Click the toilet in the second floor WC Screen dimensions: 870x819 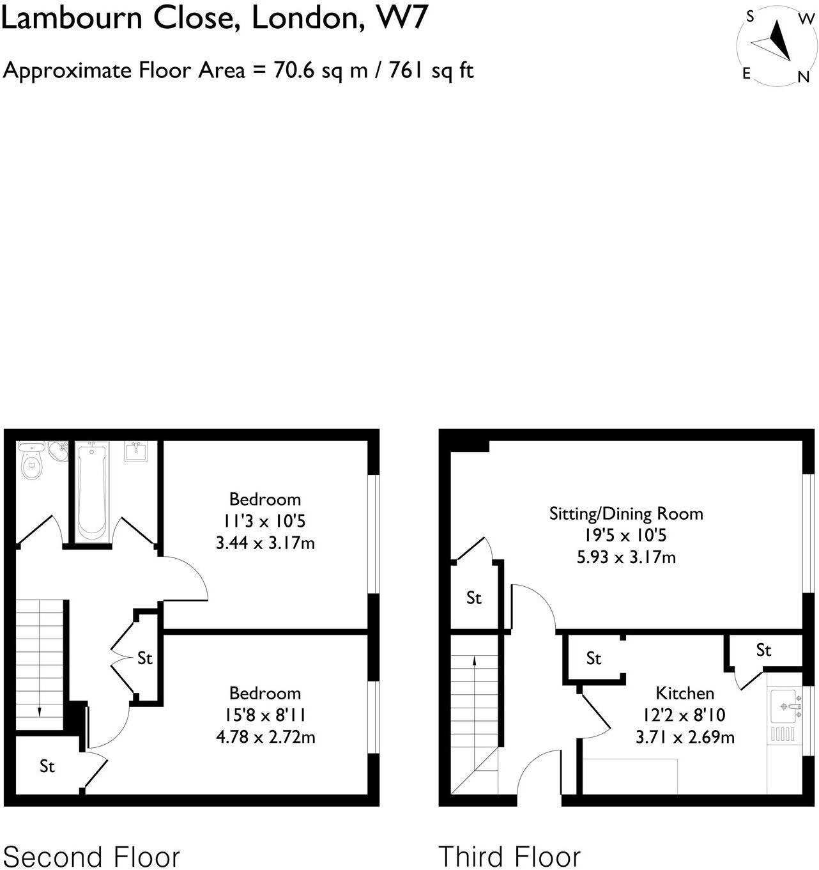tap(31, 463)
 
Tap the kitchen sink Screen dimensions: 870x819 tap(784, 706)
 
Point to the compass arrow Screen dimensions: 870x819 tap(775, 42)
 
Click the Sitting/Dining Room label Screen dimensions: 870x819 tap(625, 513)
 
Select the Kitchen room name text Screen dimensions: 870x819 tap(684, 693)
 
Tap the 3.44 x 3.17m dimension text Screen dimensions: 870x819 tap(265, 543)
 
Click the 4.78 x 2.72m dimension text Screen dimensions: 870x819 tap(265, 737)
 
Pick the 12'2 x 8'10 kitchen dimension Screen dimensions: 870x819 tap(684, 715)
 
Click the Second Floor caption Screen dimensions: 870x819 tap(91, 856)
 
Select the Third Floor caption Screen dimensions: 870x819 tap(509, 856)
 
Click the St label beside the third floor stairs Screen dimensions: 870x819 tap(473, 598)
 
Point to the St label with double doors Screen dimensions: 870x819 tap(145, 658)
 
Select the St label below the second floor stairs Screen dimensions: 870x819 tap(47, 766)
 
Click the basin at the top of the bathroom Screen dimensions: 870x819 tap(135, 451)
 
